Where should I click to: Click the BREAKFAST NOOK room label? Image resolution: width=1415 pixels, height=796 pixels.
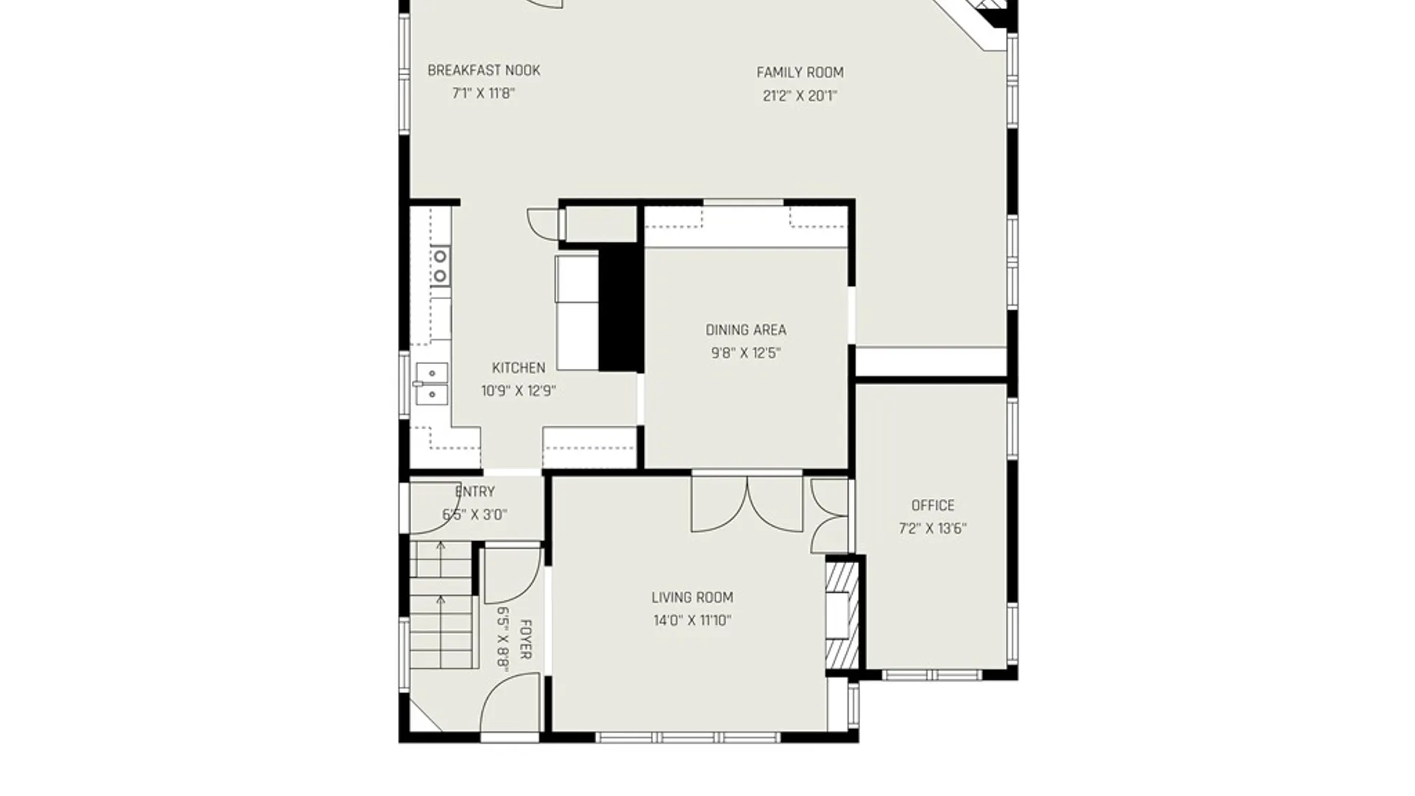pyautogui.click(x=483, y=71)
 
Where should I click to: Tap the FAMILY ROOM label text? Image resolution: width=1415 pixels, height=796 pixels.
pyautogui.click(x=800, y=73)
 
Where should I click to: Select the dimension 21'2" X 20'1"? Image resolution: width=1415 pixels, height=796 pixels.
pyautogui.click(x=800, y=96)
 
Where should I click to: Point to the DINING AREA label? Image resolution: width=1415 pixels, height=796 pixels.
pyautogui.click(x=746, y=330)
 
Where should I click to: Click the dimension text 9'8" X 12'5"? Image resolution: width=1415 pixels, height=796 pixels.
pyautogui.click(x=746, y=353)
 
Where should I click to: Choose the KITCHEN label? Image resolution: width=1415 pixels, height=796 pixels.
pyautogui.click(x=519, y=368)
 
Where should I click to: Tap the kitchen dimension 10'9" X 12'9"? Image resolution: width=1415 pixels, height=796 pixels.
pyautogui.click(x=519, y=391)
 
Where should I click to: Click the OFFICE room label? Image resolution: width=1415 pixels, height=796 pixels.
pyautogui.click(x=933, y=506)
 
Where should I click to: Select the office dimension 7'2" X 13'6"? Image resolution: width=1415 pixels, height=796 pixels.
pyautogui.click(x=933, y=528)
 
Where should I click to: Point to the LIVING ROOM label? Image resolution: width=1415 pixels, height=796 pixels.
pyautogui.click(x=692, y=598)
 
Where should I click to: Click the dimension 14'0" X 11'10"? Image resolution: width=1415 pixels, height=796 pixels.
pyautogui.click(x=692, y=621)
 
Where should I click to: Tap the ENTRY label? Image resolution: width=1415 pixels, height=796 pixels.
pyautogui.click(x=475, y=492)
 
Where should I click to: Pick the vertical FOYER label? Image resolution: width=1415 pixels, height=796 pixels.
pyautogui.click(x=526, y=640)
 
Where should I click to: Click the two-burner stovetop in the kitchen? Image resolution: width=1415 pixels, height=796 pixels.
pyautogui.click(x=440, y=266)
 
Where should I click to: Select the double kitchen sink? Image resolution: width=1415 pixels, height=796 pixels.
pyautogui.click(x=431, y=383)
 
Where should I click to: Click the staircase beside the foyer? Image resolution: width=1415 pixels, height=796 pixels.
pyautogui.click(x=441, y=604)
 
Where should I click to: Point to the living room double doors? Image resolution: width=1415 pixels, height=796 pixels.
pyautogui.click(x=747, y=504)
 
